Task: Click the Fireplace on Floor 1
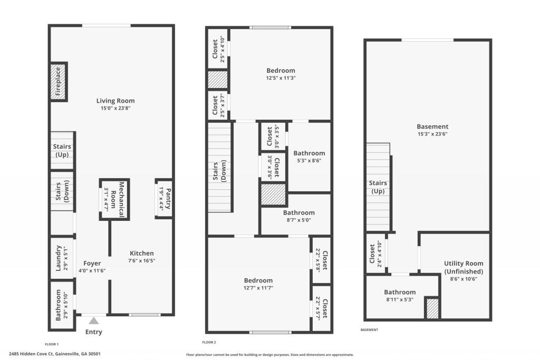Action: click(x=59, y=82)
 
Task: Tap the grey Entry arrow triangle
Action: click(x=94, y=320)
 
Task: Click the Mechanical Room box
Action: click(x=114, y=199)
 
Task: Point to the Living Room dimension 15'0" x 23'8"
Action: click(x=115, y=109)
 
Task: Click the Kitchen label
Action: click(x=142, y=254)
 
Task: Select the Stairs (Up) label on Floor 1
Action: click(x=62, y=151)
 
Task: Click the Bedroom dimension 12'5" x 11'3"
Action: click(x=281, y=78)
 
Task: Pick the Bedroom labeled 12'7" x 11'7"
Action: click(x=258, y=284)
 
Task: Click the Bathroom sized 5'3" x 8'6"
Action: click(x=309, y=157)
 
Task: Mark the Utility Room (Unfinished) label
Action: click(x=463, y=267)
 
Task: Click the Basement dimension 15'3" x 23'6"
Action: click(x=432, y=134)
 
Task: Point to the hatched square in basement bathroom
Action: click(x=432, y=308)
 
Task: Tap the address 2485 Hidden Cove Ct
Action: click(x=55, y=354)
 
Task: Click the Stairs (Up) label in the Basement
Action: click(x=378, y=187)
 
